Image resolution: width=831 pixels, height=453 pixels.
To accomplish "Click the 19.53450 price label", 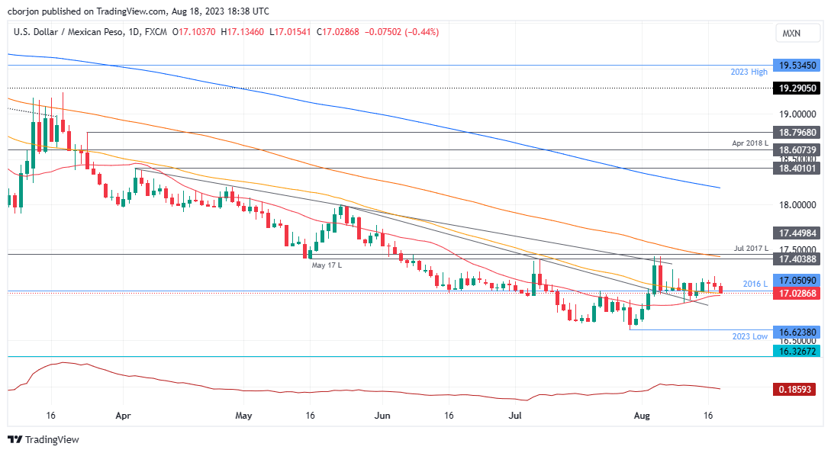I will (797, 66).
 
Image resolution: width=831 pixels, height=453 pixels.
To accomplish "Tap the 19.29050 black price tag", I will (797, 88).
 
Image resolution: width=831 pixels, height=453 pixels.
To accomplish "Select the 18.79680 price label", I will (797, 133).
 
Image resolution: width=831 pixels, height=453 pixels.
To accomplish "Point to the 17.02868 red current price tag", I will (797, 293).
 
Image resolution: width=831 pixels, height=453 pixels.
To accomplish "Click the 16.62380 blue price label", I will (797, 333).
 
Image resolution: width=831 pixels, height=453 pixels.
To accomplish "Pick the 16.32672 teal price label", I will (797, 351).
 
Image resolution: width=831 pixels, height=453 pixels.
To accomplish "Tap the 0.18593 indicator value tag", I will (797, 389).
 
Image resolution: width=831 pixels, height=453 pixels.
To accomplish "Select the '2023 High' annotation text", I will (748, 72).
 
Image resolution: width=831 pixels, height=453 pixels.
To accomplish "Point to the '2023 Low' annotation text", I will (749, 336).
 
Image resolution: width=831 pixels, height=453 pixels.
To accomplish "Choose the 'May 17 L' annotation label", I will (326, 265).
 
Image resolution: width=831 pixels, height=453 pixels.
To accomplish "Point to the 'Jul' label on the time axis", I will (515, 416).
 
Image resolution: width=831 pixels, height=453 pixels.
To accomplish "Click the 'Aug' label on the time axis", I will (643, 416).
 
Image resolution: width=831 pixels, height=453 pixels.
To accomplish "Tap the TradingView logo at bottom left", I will (43, 440).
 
